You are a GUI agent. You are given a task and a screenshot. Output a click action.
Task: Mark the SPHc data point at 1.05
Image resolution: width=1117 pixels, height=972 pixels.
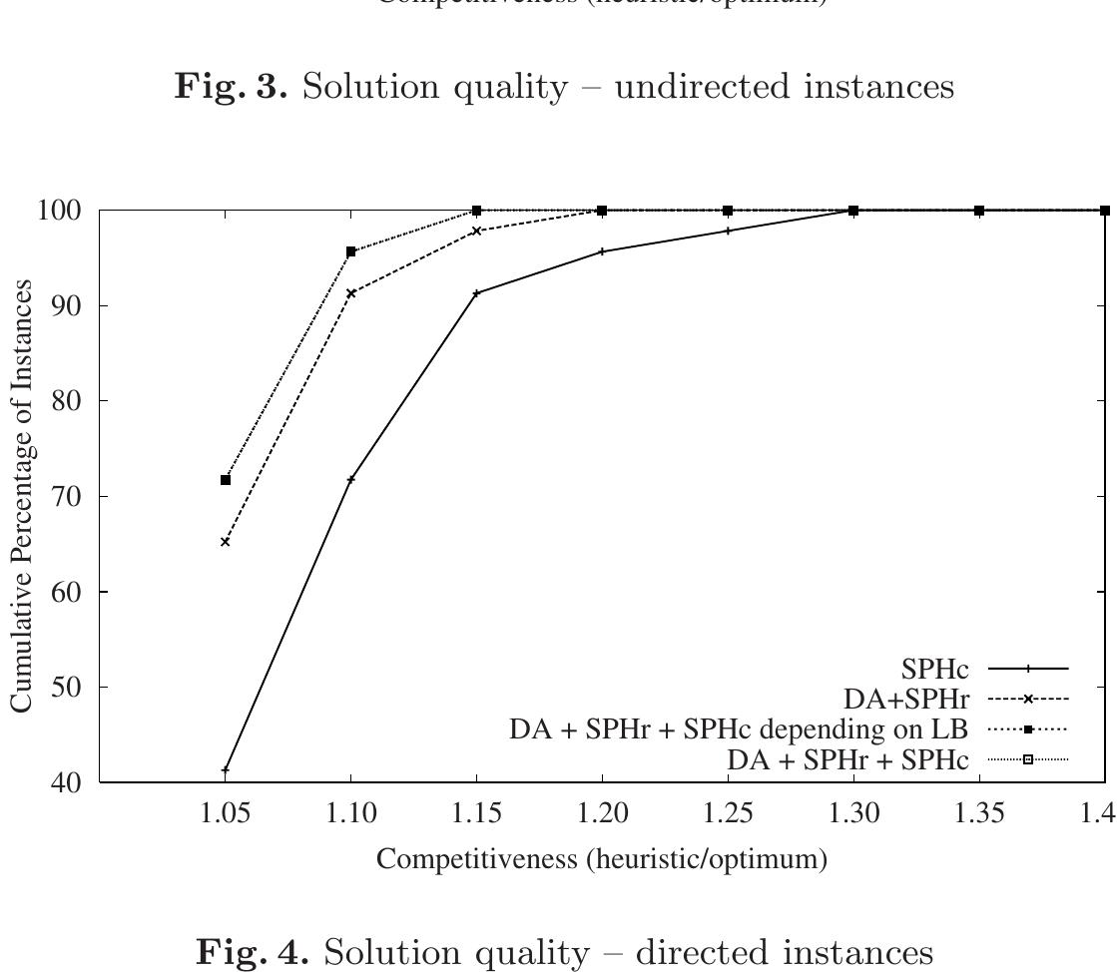click(226, 769)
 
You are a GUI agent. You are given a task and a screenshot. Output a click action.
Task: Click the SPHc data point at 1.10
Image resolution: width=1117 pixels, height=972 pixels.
click(351, 480)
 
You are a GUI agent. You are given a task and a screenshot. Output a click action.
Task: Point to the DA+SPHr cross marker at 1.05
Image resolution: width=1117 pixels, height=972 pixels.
click(226, 542)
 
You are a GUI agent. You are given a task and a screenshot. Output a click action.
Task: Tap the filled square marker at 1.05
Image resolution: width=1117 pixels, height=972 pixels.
click(226, 480)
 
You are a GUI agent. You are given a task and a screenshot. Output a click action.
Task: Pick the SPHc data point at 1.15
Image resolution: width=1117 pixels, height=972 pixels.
click(477, 293)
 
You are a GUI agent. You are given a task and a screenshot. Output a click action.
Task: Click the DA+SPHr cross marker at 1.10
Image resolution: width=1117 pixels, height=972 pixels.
click(351, 293)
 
